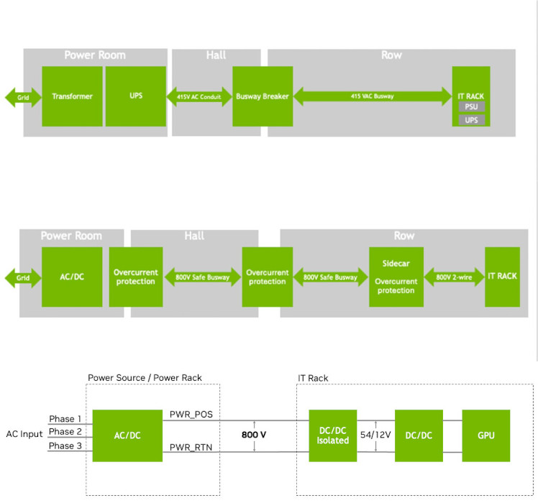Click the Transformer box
72,96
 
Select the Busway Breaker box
263,96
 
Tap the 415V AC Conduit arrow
199,97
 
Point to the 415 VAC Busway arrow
373,96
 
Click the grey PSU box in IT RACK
472,106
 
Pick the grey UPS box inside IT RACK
472,120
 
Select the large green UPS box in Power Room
136,96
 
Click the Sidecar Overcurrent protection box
396,277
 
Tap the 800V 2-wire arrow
455,277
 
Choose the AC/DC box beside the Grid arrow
72,277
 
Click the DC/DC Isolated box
333,435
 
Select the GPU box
486,435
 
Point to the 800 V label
254,435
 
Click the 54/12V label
375,435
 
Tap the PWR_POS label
191,415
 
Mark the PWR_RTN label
191,448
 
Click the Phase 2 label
65,431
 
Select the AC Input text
24,434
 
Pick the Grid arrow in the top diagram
23,98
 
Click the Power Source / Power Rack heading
145,378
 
